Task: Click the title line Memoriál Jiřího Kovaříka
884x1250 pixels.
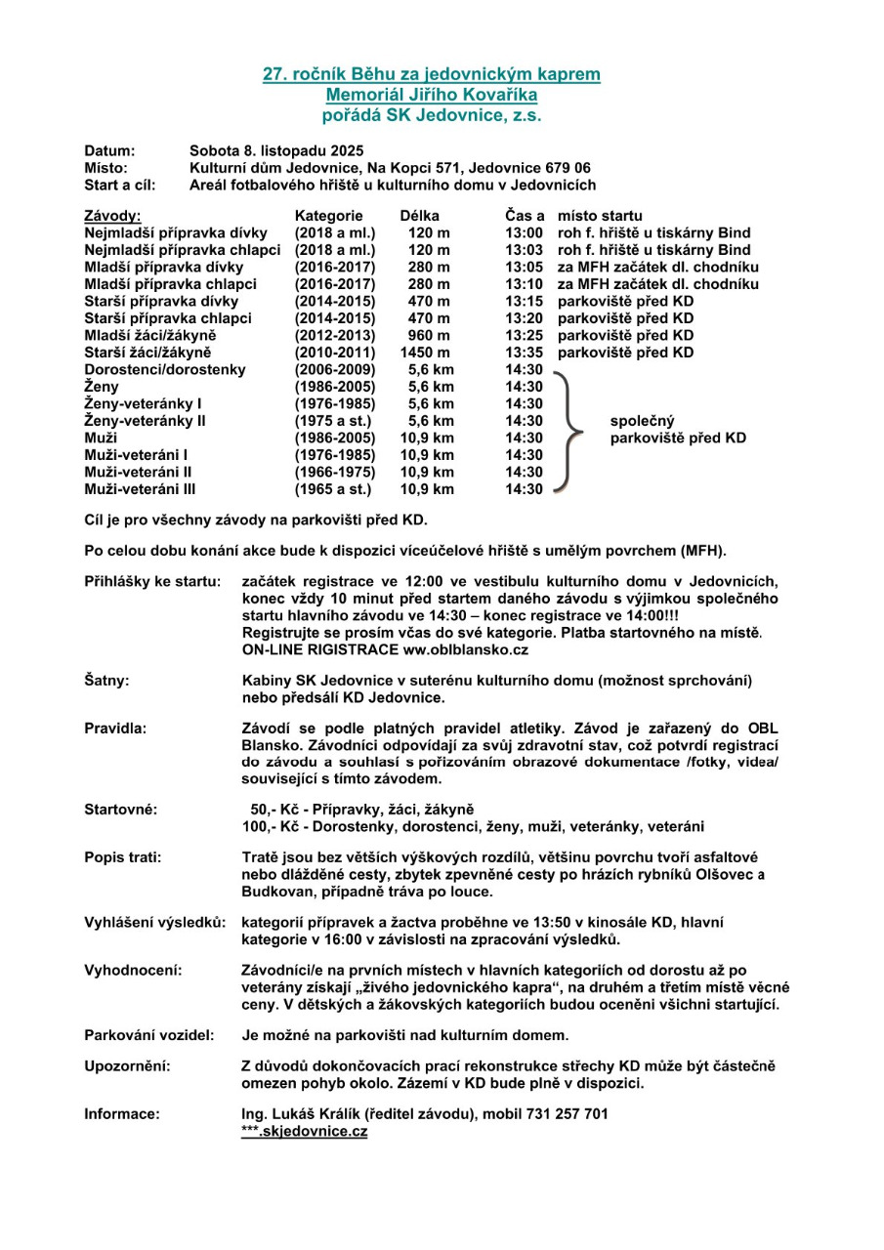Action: (x=431, y=95)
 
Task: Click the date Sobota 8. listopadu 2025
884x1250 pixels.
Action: (x=275, y=150)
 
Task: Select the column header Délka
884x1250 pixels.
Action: (x=420, y=216)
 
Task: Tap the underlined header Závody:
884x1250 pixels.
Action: (x=113, y=216)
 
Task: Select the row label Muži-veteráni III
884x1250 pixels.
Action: (x=141, y=488)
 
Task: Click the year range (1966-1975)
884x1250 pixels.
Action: (x=332, y=471)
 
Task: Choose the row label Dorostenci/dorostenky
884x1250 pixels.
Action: (x=165, y=369)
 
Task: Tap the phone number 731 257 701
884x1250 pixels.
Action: (x=571, y=1113)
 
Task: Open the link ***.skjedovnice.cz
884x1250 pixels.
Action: (x=304, y=1131)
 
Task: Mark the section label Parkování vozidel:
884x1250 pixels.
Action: (x=148, y=1034)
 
